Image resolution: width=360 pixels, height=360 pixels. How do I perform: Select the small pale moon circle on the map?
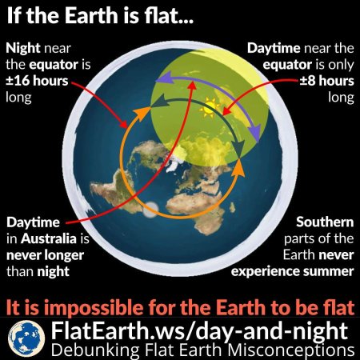click(x=150, y=210)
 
